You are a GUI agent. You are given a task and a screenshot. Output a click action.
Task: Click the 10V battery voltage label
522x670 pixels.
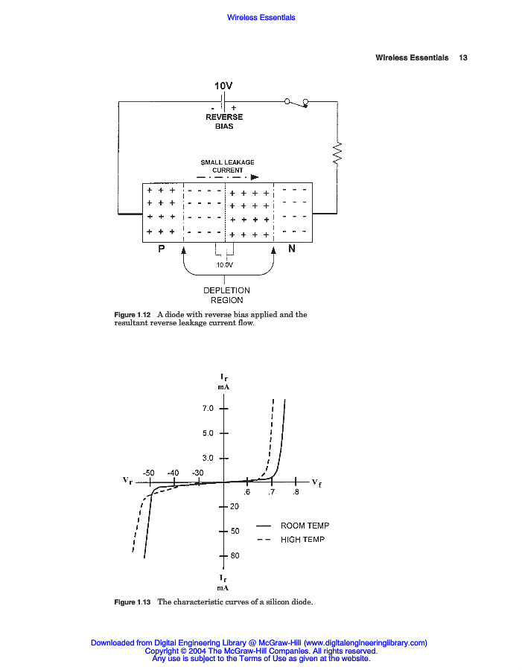pos(223,86)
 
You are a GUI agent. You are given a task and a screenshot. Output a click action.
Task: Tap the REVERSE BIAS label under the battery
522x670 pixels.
pos(224,121)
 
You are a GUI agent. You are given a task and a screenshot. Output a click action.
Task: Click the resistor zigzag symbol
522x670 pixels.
pos(337,153)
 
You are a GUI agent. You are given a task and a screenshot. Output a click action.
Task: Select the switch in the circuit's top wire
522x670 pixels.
pos(296,103)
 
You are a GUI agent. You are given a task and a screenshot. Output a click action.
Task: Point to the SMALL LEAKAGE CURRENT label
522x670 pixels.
pos(227,166)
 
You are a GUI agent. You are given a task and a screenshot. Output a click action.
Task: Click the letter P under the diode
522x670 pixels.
pos(161,249)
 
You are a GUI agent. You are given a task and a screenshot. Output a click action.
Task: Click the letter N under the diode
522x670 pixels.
pos(292,249)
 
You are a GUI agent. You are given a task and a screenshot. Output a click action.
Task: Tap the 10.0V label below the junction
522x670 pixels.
pos(224,265)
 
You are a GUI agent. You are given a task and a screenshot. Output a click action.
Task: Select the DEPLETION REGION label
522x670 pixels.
pos(226,296)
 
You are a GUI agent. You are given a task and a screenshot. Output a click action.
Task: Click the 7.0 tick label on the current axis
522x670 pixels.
pos(208,409)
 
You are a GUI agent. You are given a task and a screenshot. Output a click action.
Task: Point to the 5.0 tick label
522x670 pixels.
pos(208,433)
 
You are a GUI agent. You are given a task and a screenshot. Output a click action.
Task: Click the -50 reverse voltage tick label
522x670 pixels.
pos(148,473)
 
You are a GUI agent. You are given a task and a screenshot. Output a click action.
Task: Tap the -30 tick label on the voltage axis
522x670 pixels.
pos(197,473)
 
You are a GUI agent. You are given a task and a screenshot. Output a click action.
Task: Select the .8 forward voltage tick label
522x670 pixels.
pos(296,492)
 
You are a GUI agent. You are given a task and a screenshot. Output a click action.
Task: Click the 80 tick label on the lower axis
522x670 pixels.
pos(235,555)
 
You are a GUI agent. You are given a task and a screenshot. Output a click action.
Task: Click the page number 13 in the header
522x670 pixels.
pos(463,57)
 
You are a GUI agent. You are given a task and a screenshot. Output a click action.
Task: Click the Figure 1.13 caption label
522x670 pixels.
pos(132,602)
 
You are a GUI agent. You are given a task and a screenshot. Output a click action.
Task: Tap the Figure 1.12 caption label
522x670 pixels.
pos(132,314)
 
